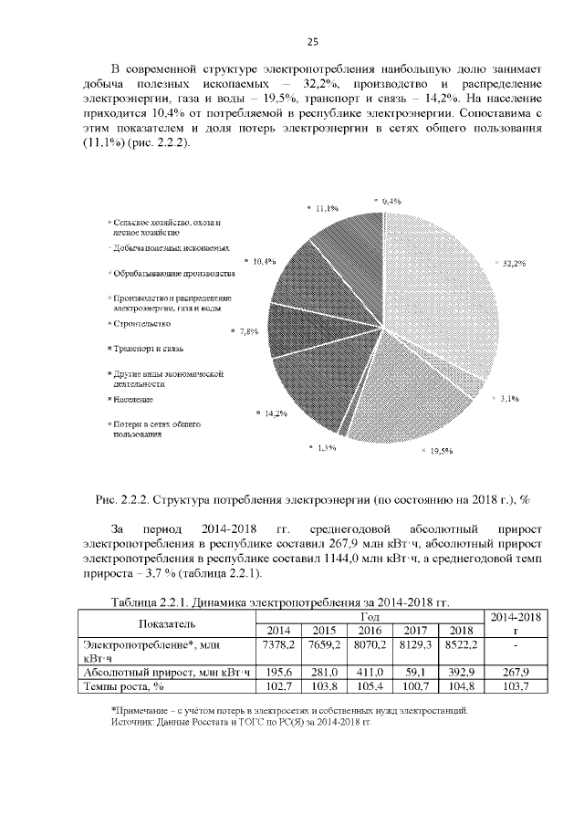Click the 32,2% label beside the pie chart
click(512, 263)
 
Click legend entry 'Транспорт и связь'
click(148, 349)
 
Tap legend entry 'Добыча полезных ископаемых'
click(171, 248)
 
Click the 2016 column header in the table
click(369, 630)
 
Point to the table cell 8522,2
click(460, 644)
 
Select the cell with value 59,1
click(414, 672)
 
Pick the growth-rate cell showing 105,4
click(369, 685)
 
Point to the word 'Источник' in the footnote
click(131, 721)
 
